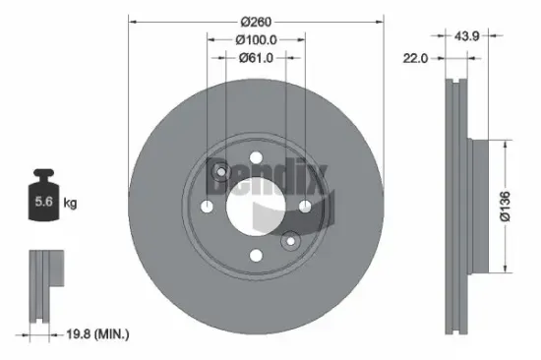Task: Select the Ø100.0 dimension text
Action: point(256,39)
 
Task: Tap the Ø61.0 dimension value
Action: point(256,58)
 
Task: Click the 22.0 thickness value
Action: point(416,59)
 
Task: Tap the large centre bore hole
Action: point(254,206)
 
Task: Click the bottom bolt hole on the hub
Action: point(255,256)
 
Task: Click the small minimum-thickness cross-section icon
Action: point(40,284)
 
